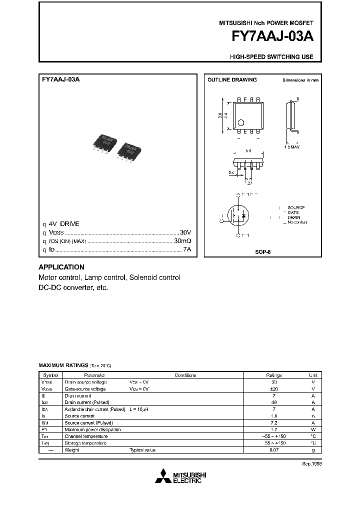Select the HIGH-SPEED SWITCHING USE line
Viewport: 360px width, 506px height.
(x=271, y=57)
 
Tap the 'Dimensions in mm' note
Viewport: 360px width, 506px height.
(x=300, y=80)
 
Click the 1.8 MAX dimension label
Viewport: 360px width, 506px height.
(x=293, y=147)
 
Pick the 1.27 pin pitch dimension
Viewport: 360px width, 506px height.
(x=248, y=183)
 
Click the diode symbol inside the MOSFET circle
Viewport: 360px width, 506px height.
(x=244, y=215)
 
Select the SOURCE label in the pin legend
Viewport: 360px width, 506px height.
(x=296, y=207)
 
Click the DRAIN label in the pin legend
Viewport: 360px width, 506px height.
(x=294, y=217)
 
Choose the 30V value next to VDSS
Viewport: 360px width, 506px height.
(x=185, y=233)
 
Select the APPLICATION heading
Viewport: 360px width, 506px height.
(x=61, y=267)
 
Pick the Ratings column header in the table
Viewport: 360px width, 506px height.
(x=273, y=375)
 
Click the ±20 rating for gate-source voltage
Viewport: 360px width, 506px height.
(x=273, y=388)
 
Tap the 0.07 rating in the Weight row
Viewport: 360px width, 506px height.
(x=273, y=450)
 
